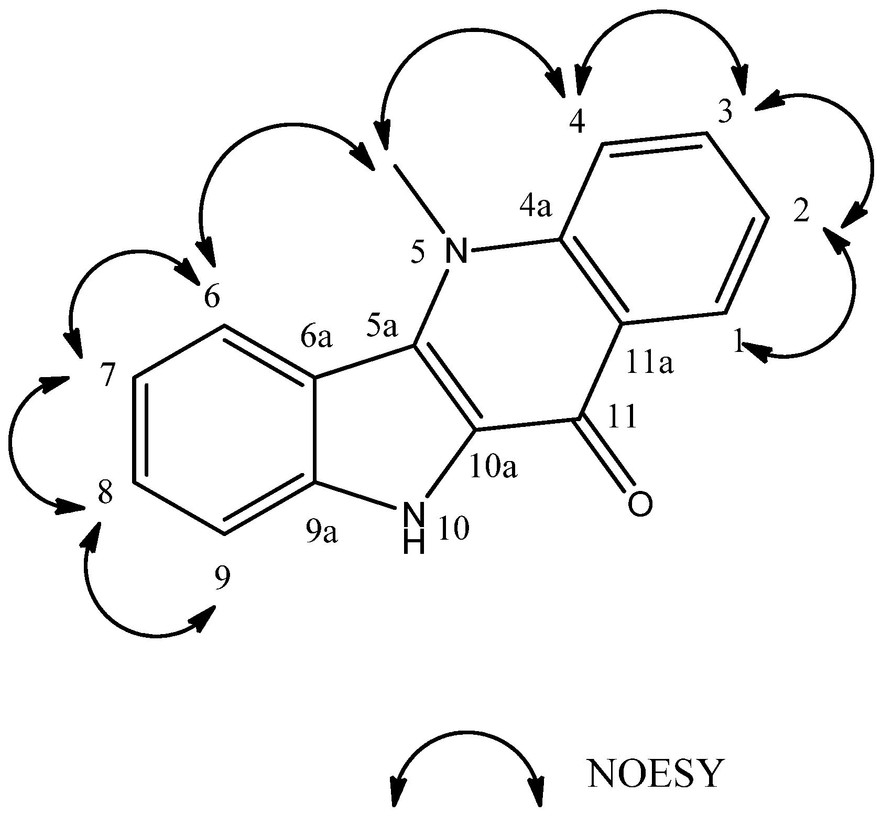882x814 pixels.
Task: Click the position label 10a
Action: point(494,468)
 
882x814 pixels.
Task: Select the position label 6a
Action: point(317,338)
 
